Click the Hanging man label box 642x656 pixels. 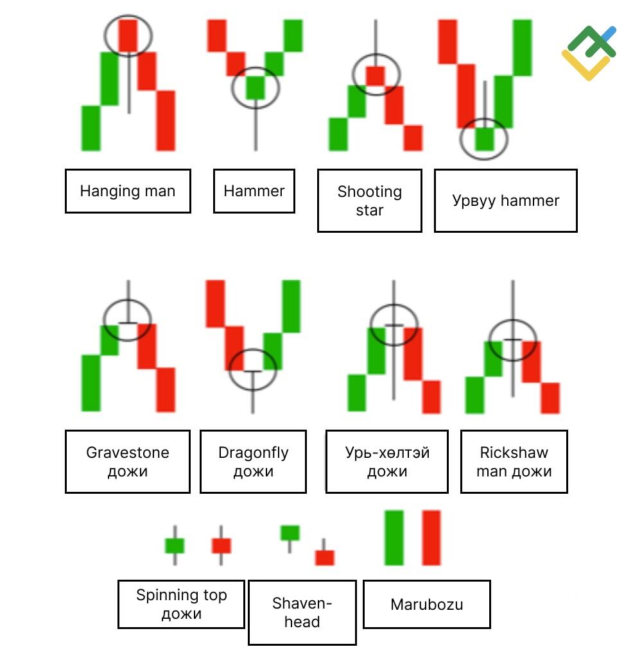point(128,191)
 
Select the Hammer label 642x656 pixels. point(254,191)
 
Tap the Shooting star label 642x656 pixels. point(369,201)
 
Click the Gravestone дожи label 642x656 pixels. point(128,462)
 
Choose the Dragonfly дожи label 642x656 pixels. point(254,462)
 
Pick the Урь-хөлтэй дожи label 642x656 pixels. point(387,462)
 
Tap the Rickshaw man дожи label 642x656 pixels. point(514,462)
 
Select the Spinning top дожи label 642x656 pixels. point(181,604)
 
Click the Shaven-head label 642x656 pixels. point(302,612)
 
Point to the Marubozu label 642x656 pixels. point(427,604)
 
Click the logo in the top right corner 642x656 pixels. point(589,53)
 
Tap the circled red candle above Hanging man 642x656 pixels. point(128,37)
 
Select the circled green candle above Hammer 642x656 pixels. point(256,87)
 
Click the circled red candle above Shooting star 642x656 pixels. point(375,76)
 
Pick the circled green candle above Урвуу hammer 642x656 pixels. point(485,139)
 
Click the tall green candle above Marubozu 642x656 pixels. point(394,537)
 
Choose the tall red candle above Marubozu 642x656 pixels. point(431,537)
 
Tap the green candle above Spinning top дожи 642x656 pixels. point(175,546)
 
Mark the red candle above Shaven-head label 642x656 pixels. point(325,558)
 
